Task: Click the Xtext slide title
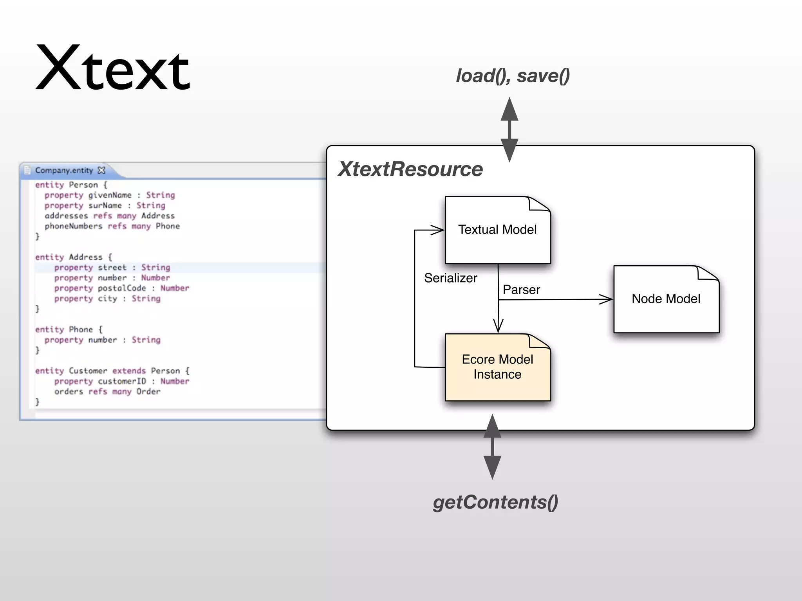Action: pos(113,68)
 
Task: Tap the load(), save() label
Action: pos(512,76)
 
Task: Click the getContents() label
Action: pos(495,502)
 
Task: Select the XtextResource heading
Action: pos(410,169)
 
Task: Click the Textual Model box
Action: pos(497,230)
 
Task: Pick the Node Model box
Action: pos(666,299)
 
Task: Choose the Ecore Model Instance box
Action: pos(497,367)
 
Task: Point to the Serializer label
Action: pos(450,278)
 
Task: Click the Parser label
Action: pos(521,290)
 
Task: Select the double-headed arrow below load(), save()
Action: pos(509,130)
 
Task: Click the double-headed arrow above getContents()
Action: pos(492,447)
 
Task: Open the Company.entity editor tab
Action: pos(64,171)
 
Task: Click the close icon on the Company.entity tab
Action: pos(101,170)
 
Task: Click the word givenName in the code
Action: pos(110,195)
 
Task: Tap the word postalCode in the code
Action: pos(122,288)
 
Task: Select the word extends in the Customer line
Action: pos(129,371)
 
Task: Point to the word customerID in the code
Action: pos(122,381)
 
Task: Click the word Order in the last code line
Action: pos(148,392)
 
